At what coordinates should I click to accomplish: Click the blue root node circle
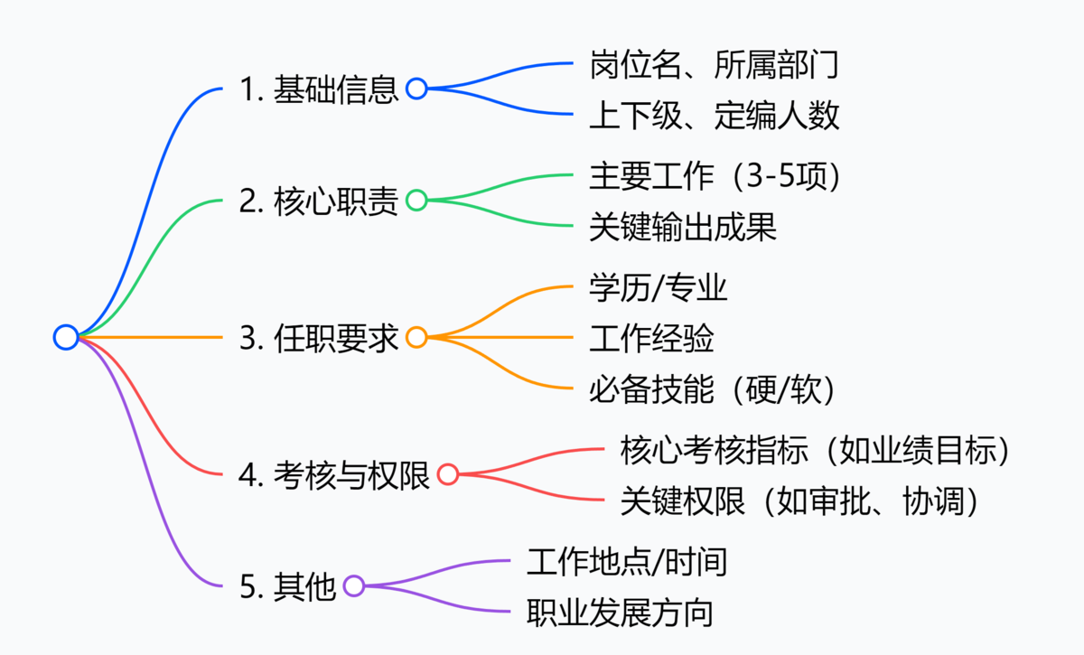(66, 337)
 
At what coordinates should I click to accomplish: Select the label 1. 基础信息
(319, 89)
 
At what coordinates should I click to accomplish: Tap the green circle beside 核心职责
(416, 201)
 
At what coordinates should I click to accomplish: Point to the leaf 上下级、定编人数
(715, 115)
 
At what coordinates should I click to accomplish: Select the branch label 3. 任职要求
(319, 338)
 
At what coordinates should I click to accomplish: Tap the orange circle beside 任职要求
(416, 338)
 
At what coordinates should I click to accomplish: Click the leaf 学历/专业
(658, 288)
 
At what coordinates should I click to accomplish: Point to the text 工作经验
(651, 339)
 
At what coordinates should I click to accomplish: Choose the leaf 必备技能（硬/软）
(713, 389)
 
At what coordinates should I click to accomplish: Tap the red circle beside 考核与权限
(448, 474)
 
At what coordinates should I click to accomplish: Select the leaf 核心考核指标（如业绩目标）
(815, 450)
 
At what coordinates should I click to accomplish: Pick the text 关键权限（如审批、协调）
(800, 501)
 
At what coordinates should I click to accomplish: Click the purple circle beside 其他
(354, 586)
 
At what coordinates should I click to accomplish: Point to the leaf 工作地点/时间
(626, 562)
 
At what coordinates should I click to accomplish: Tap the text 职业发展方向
(620, 613)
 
